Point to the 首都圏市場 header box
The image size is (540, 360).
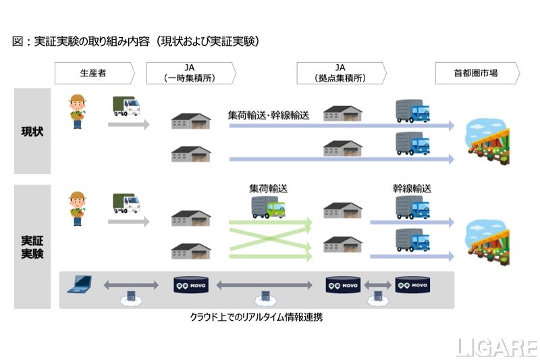click(x=476, y=73)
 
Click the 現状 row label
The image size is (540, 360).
click(x=32, y=131)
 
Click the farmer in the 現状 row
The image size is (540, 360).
click(x=76, y=109)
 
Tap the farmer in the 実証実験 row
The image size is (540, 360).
click(x=76, y=207)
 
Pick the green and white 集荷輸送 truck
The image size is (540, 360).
click(x=268, y=207)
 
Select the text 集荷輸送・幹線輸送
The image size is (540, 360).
click(x=269, y=115)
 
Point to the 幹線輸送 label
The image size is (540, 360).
click(x=412, y=189)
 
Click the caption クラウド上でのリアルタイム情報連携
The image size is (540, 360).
click(x=256, y=317)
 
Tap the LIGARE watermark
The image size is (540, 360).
click(x=495, y=347)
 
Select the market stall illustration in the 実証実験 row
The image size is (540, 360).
click(x=491, y=240)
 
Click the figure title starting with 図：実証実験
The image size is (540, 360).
click(x=135, y=42)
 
